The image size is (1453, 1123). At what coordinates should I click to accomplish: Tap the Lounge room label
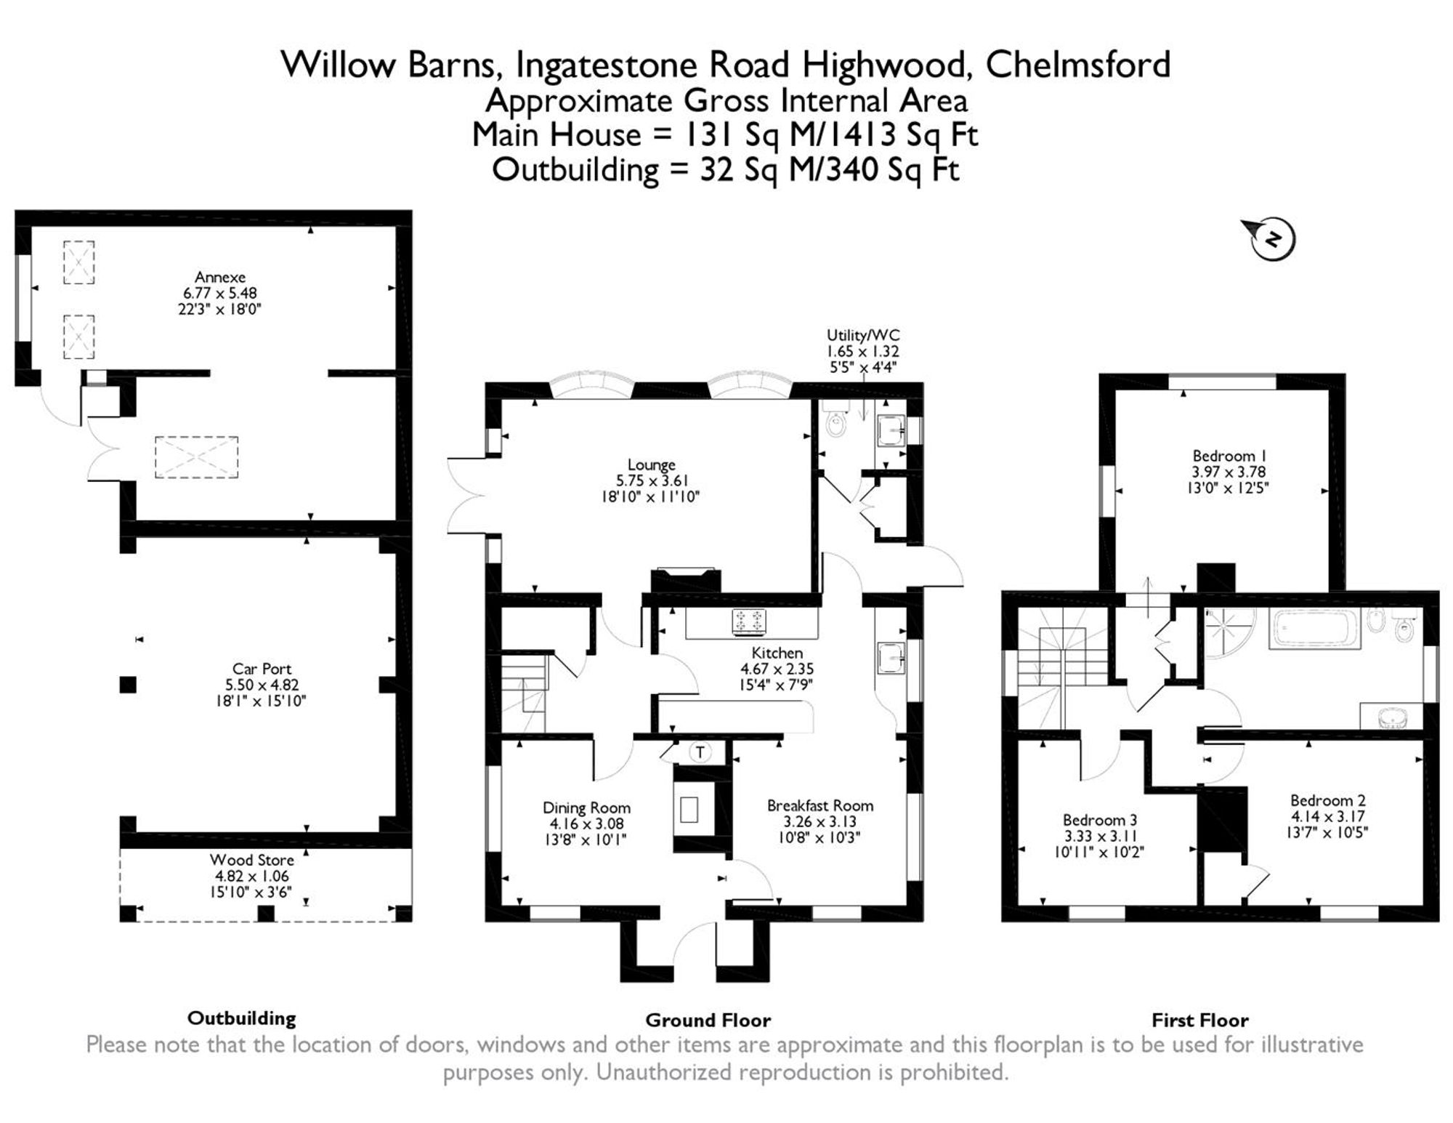652,464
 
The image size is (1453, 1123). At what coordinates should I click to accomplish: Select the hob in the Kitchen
750,621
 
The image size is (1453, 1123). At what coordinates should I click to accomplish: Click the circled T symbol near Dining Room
700,752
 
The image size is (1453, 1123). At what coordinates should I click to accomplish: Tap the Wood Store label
252,861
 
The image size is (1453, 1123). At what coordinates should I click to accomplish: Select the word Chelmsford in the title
1078,64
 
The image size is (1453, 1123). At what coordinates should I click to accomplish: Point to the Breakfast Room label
820,805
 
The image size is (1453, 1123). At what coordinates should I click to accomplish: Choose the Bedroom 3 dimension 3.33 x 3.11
1100,836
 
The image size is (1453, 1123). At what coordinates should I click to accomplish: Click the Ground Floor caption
708,1021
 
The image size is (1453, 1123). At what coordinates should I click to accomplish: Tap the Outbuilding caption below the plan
242,1018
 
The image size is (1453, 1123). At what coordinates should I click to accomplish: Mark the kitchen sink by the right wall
891,657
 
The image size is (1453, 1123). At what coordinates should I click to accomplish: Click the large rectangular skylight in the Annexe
196,457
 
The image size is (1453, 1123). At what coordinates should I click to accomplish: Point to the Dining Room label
587,808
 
